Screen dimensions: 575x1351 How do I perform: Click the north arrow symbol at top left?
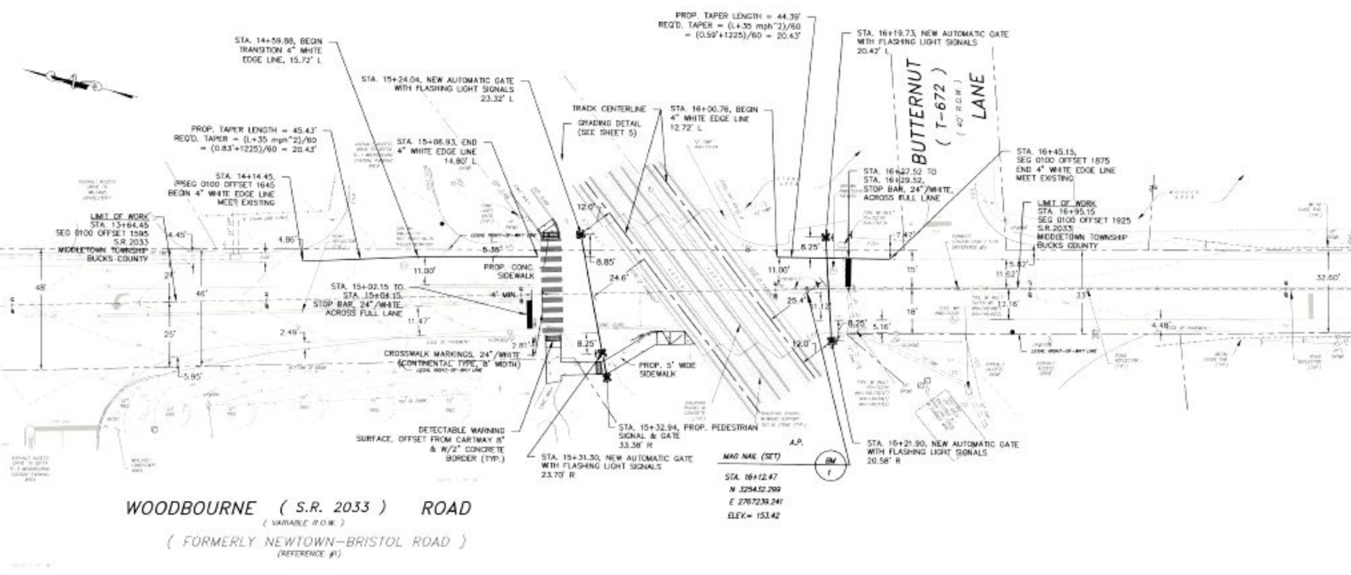click(x=79, y=82)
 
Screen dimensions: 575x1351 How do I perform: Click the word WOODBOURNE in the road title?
click(x=190, y=508)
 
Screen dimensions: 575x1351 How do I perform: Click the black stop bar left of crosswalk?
click(x=530, y=313)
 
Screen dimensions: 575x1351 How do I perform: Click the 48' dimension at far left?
click(x=40, y=287)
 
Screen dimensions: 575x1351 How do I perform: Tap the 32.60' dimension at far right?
click(x=1328, y=276)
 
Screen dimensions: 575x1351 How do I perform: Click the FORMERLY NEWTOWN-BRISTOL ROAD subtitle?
click(x=317, y=542)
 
